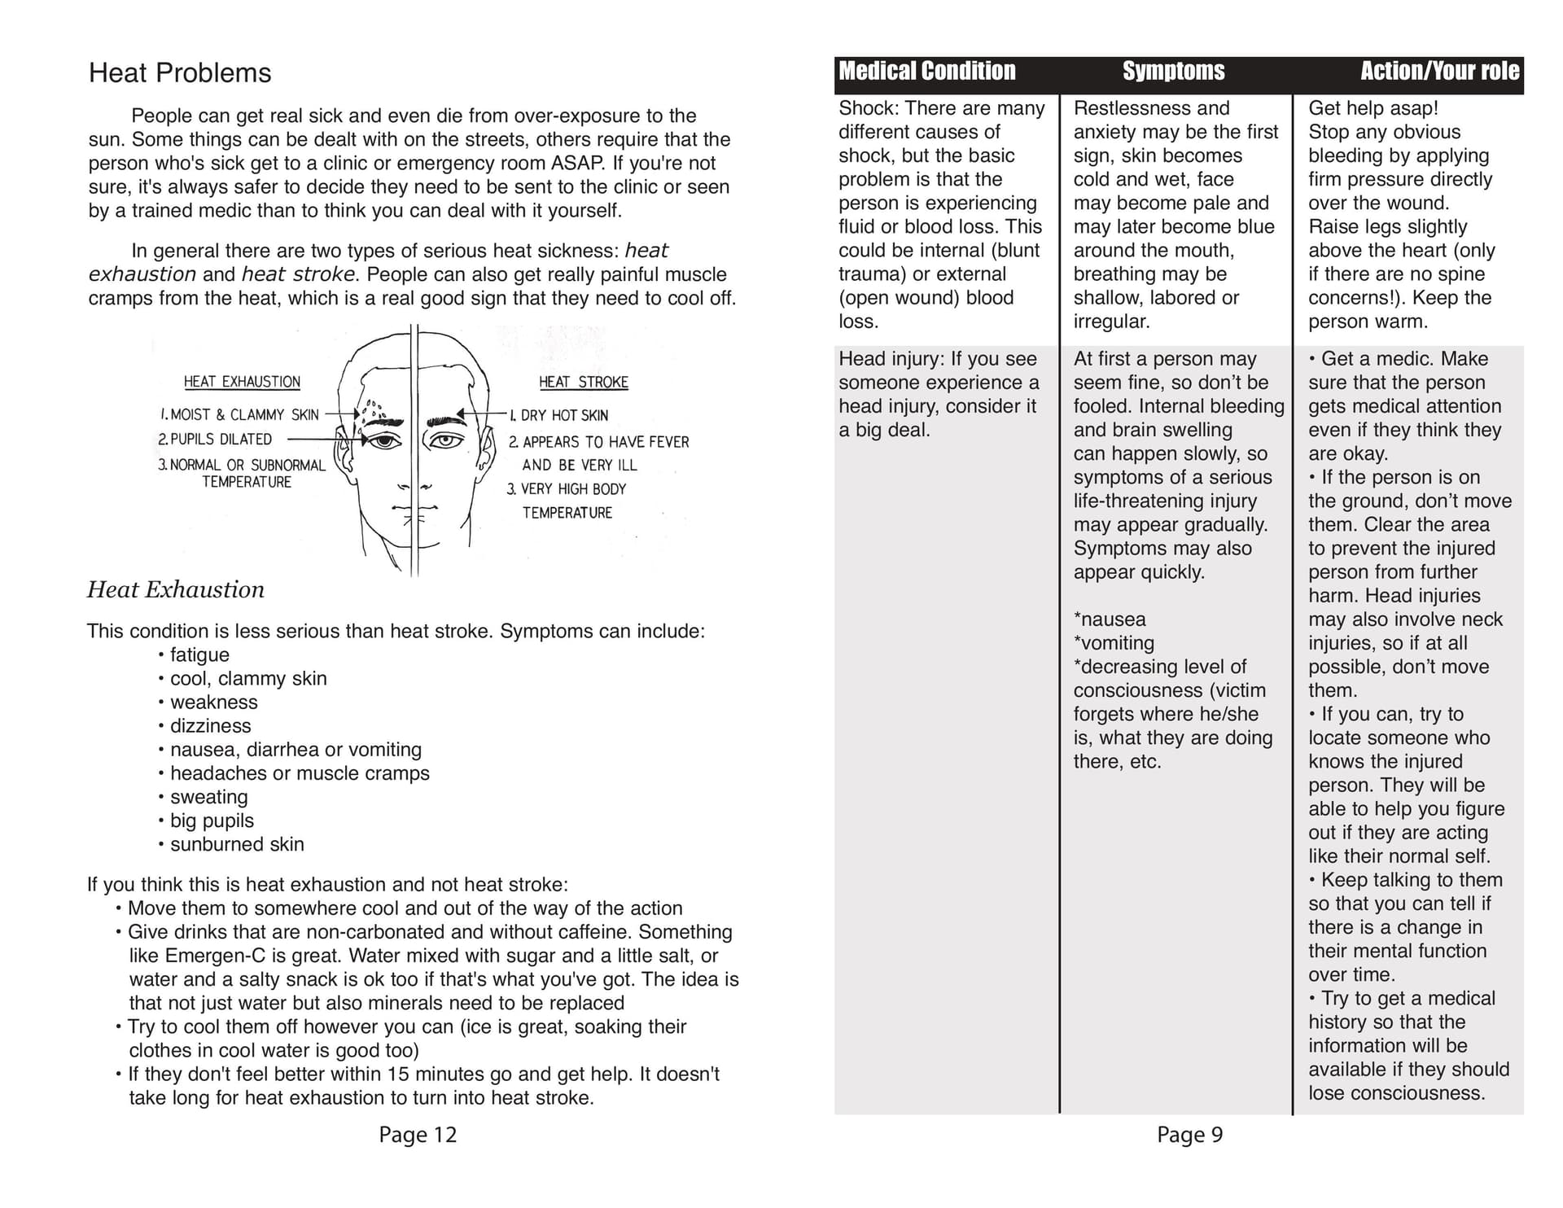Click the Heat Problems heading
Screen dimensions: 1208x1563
pos(180,73)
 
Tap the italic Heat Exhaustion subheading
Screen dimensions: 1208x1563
pos(176,589)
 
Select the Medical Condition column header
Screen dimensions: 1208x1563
pos(927,72)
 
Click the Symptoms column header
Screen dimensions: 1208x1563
pos(1173,72)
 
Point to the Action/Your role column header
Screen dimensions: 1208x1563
pos(1439,72)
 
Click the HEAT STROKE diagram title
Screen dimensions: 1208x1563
pos(583,382)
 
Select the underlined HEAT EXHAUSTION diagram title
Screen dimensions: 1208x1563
pos(242,382)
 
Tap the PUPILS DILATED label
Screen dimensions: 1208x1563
pos(215,440)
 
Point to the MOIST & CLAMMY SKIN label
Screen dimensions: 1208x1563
pos(239,415)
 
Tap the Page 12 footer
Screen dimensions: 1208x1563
pos(418,1135)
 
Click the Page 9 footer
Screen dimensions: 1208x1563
pos(1189,1135)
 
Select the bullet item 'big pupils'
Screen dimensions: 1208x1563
pos(212,821)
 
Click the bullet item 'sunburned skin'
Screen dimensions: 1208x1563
pos(237,844)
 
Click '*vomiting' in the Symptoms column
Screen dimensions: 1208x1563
pos(1114,643)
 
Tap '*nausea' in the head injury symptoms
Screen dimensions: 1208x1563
pos(1110,619)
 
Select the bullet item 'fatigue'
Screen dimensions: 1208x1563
pos(199,655)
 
